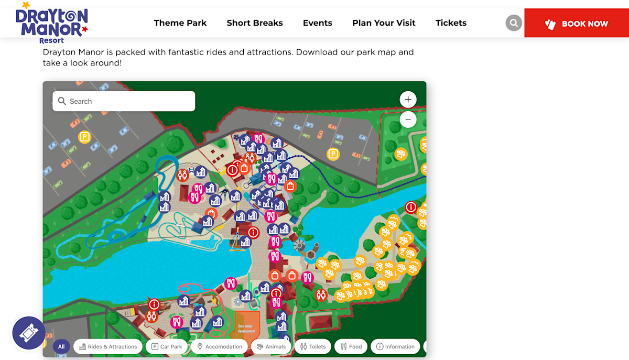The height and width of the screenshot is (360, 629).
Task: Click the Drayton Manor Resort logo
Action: coord(51,23)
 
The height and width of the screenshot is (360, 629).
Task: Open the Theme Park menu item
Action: coord(180,23)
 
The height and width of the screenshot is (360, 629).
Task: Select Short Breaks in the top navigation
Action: coord(255,23)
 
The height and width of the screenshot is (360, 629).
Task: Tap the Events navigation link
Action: coord(318,23)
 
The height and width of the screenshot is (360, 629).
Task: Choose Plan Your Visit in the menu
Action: coord(384,23)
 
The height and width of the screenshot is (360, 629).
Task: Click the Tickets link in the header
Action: coord(451,23)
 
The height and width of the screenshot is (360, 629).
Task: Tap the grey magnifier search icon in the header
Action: coord(514,23)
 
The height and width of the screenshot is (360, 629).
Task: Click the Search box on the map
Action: coord(124,101)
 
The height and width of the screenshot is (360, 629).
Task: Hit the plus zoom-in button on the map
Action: coord(408,100)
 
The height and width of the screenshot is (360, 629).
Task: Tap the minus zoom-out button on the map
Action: coord(408,119)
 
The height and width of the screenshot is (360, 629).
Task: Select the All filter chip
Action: coord(61,346)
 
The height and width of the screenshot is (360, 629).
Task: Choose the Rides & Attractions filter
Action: coord(108,346)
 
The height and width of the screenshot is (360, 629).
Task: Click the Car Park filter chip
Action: coord(167,346)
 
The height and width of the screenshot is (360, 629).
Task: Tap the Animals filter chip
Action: coord(271,346)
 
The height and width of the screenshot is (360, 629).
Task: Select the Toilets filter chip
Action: coord(313,346)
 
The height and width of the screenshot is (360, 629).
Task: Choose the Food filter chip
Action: coord(351,346)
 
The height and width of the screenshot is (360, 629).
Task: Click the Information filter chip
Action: coord(395,346)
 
